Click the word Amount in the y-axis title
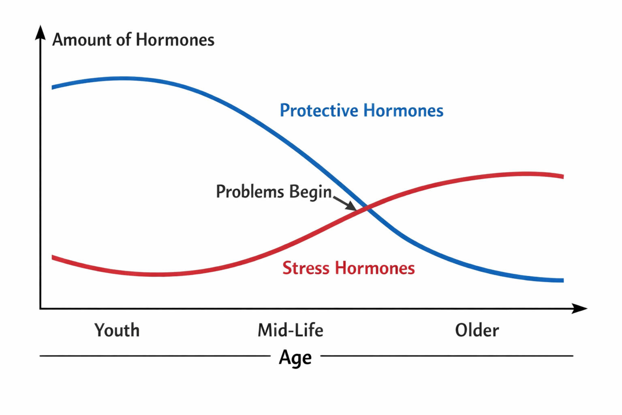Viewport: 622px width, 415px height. point(82,39)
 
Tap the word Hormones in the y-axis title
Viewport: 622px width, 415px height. point(175,39)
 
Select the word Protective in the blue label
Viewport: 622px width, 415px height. point(319,111)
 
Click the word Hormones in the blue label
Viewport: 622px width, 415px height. point(403,110)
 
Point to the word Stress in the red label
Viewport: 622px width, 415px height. point(306,268)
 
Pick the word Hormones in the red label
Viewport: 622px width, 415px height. point(375,268)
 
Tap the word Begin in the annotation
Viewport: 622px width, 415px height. point(310,192)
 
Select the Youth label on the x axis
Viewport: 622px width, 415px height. point(117,330)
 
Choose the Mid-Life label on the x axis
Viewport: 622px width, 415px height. point(291,330)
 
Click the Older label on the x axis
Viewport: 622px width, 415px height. point(477,330)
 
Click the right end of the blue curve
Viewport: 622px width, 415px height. point(563,280)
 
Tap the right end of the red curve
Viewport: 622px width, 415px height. point(563,176)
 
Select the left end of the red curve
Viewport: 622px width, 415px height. point(52,257)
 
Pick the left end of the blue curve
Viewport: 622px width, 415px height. point(52,88)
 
